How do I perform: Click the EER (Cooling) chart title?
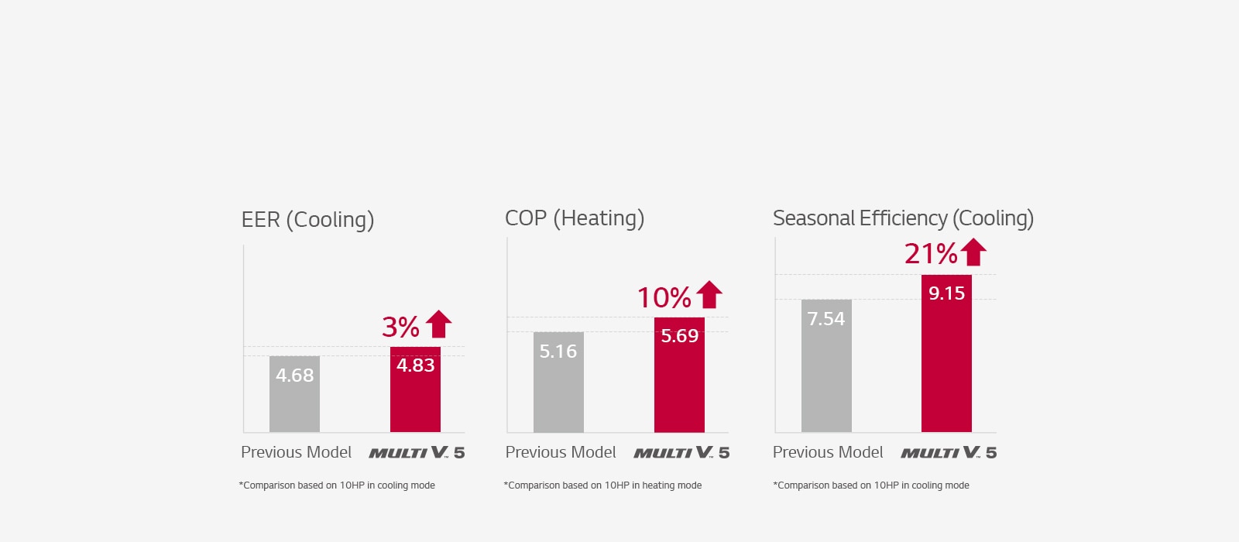point(307,220)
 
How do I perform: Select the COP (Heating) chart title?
point(574,218)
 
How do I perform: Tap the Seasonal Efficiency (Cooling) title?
point(903,218)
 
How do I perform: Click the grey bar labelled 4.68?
point(294,395)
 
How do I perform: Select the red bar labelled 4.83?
point(415,391)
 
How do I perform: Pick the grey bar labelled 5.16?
point(558,383)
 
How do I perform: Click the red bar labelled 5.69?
point(679,376)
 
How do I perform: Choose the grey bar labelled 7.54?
point(826,366)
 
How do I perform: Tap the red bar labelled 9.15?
point(946,354)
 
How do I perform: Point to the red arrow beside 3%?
point(438,324)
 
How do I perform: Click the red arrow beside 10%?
point(709,294)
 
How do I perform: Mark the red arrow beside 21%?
point(973,252)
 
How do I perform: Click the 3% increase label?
point(400,327)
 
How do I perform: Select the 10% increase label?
point(664,297)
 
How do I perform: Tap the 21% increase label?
point(931,254)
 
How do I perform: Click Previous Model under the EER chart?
point(296,452)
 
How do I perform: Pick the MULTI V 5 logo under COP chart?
point(681,452)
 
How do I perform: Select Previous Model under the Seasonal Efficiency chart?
point(828,452)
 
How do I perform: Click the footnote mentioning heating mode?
point(602,485)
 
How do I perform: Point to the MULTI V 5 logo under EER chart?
point(417,452)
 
